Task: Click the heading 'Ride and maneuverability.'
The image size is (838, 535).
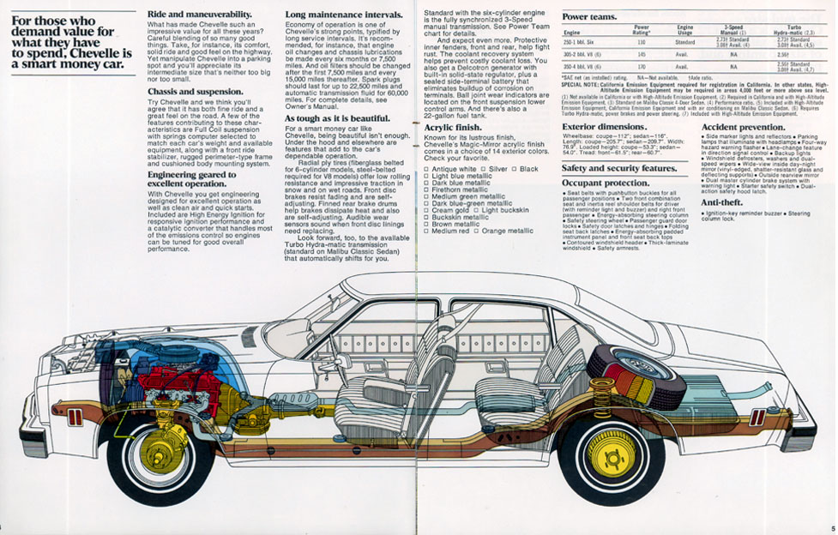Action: (x=200, y=15)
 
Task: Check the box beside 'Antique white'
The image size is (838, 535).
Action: (x=427, y=170)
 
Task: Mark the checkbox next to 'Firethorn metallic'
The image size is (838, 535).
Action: (x=427, y=189)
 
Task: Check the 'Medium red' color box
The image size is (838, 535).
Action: (x=427, y=231)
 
